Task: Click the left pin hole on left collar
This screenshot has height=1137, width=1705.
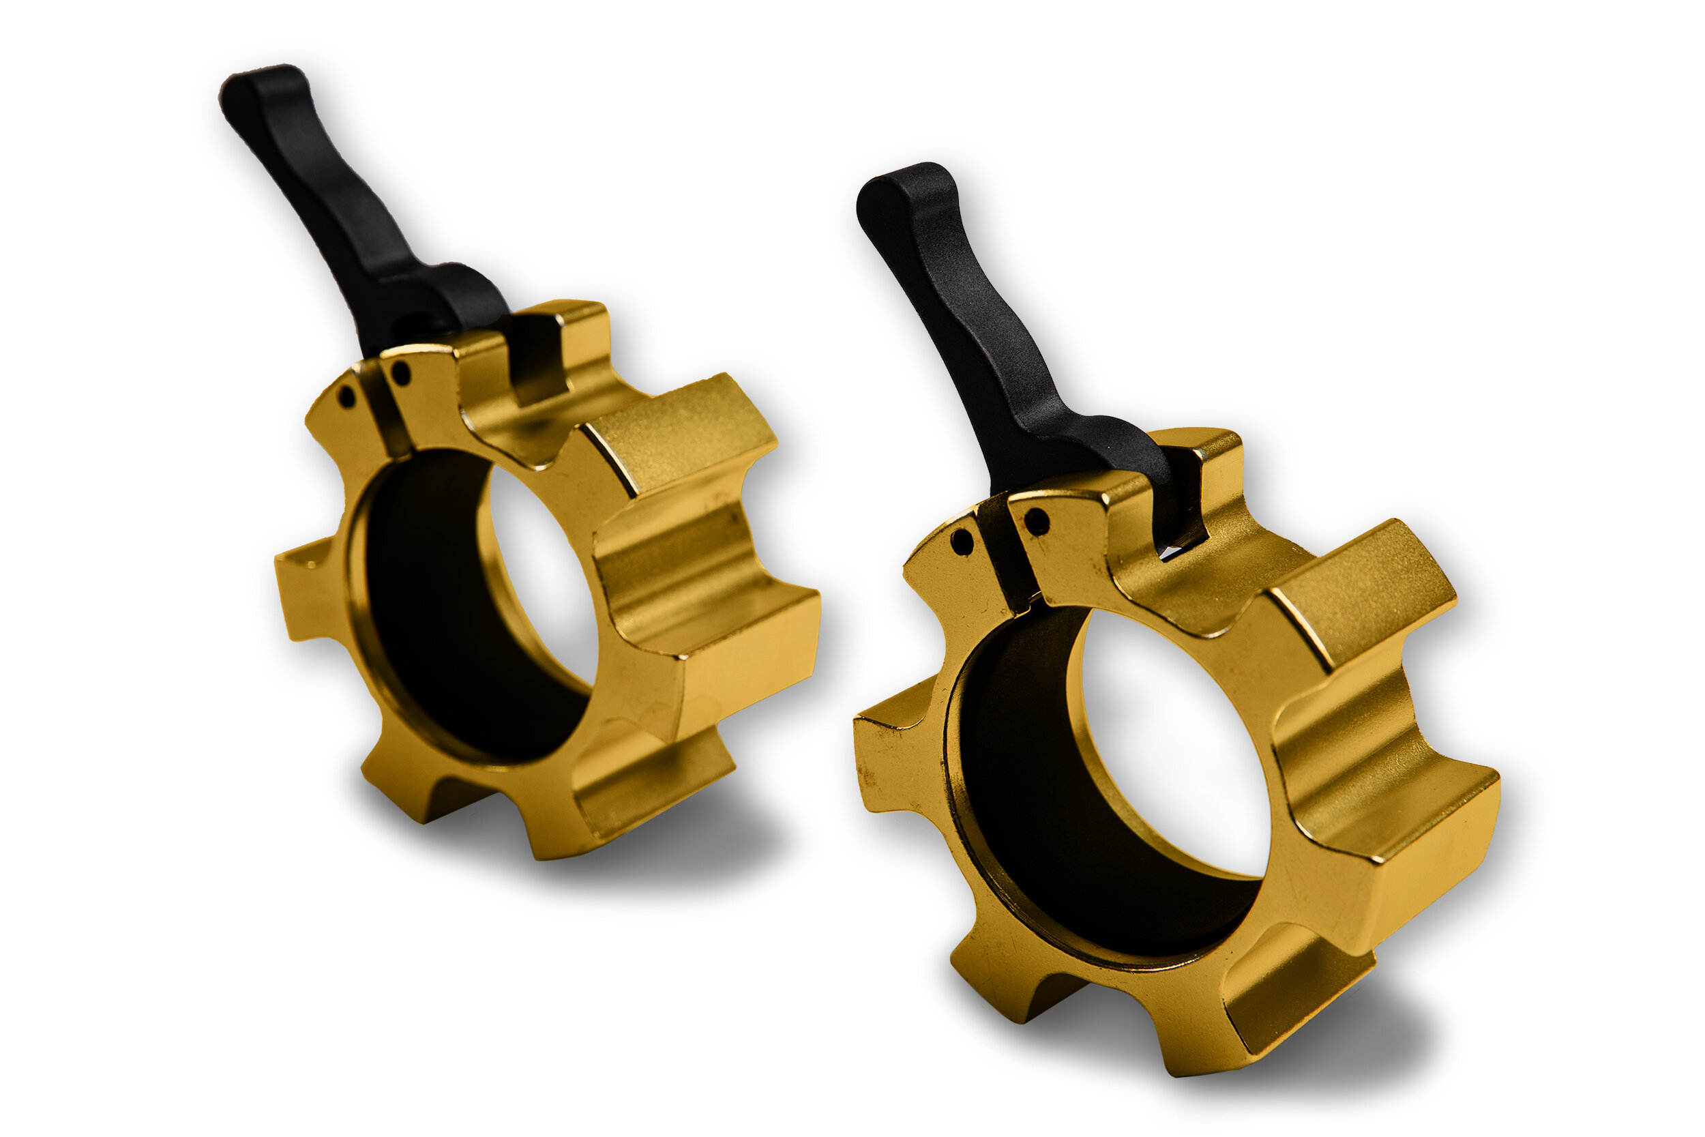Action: [x=347, y=397]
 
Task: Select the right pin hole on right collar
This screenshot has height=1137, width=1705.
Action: [x=1037, y=521]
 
